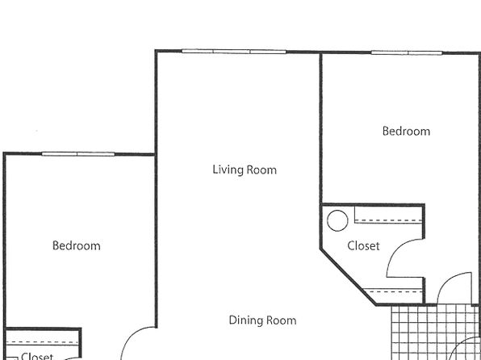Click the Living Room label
[x=245, y=170]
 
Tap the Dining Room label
[x=262, y=320]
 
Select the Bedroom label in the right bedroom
[x=406, y=131]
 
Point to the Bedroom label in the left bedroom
[x=77, y=245]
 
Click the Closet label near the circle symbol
[x=363, y=246]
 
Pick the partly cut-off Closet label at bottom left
[x=37, y=356]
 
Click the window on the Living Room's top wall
[x=234, y=52]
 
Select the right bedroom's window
[x=407, y=52]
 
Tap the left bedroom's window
[x=78, y=154]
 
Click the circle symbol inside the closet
[x=337, y=220]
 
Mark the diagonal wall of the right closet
[x=348, y=277]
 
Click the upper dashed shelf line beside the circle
[x=389, y=220]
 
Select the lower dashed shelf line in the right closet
[x=395, y=291]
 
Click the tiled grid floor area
[x=436, y=333]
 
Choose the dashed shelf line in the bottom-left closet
[x=42, y=342]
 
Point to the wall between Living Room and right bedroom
[x=321, y=128]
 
